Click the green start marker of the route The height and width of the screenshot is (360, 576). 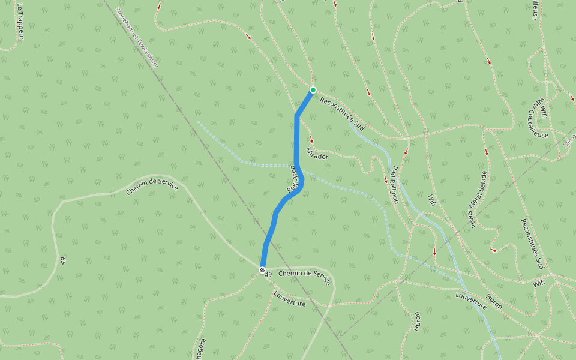313,90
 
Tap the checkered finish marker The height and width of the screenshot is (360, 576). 262,271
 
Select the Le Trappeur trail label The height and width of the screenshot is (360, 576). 20,22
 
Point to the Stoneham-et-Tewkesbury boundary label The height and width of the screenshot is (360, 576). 136,37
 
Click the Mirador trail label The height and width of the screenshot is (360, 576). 317,153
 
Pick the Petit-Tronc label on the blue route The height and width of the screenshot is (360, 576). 293,179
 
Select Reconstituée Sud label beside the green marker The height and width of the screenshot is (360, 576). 342,114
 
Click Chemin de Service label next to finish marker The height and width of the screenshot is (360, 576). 305,278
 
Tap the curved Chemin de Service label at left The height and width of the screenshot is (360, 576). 152,188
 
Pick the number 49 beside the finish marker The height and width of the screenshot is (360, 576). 268,274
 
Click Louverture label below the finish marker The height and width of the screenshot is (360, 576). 289,299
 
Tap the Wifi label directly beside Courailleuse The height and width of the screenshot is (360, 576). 542,107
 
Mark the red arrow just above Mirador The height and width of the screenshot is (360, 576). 311,140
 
